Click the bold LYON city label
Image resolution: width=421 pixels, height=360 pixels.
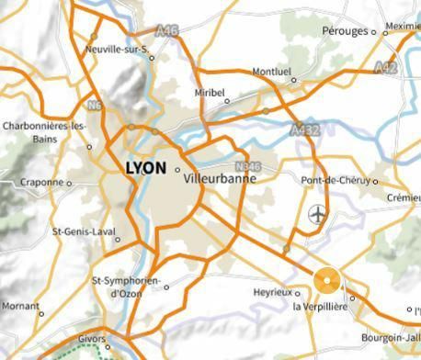144,168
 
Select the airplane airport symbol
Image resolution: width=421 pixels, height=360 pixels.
318,215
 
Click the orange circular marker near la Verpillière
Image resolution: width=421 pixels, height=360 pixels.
327,280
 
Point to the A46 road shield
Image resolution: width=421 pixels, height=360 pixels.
169,30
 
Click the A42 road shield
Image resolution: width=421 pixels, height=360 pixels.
386,67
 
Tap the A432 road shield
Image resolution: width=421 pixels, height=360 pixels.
304,130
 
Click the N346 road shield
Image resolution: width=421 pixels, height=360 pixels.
244,166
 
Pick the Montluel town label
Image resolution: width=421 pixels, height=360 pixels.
271,70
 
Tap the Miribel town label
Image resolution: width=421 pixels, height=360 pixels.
210,92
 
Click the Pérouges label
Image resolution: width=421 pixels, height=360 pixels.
345,31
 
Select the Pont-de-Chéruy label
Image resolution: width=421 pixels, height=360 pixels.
340,181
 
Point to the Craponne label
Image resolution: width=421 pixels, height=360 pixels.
41,182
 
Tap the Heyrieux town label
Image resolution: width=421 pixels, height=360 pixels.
270,292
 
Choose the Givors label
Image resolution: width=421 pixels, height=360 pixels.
91,339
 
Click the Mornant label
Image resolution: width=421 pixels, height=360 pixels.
20,305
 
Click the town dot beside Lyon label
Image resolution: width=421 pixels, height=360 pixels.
177,169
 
